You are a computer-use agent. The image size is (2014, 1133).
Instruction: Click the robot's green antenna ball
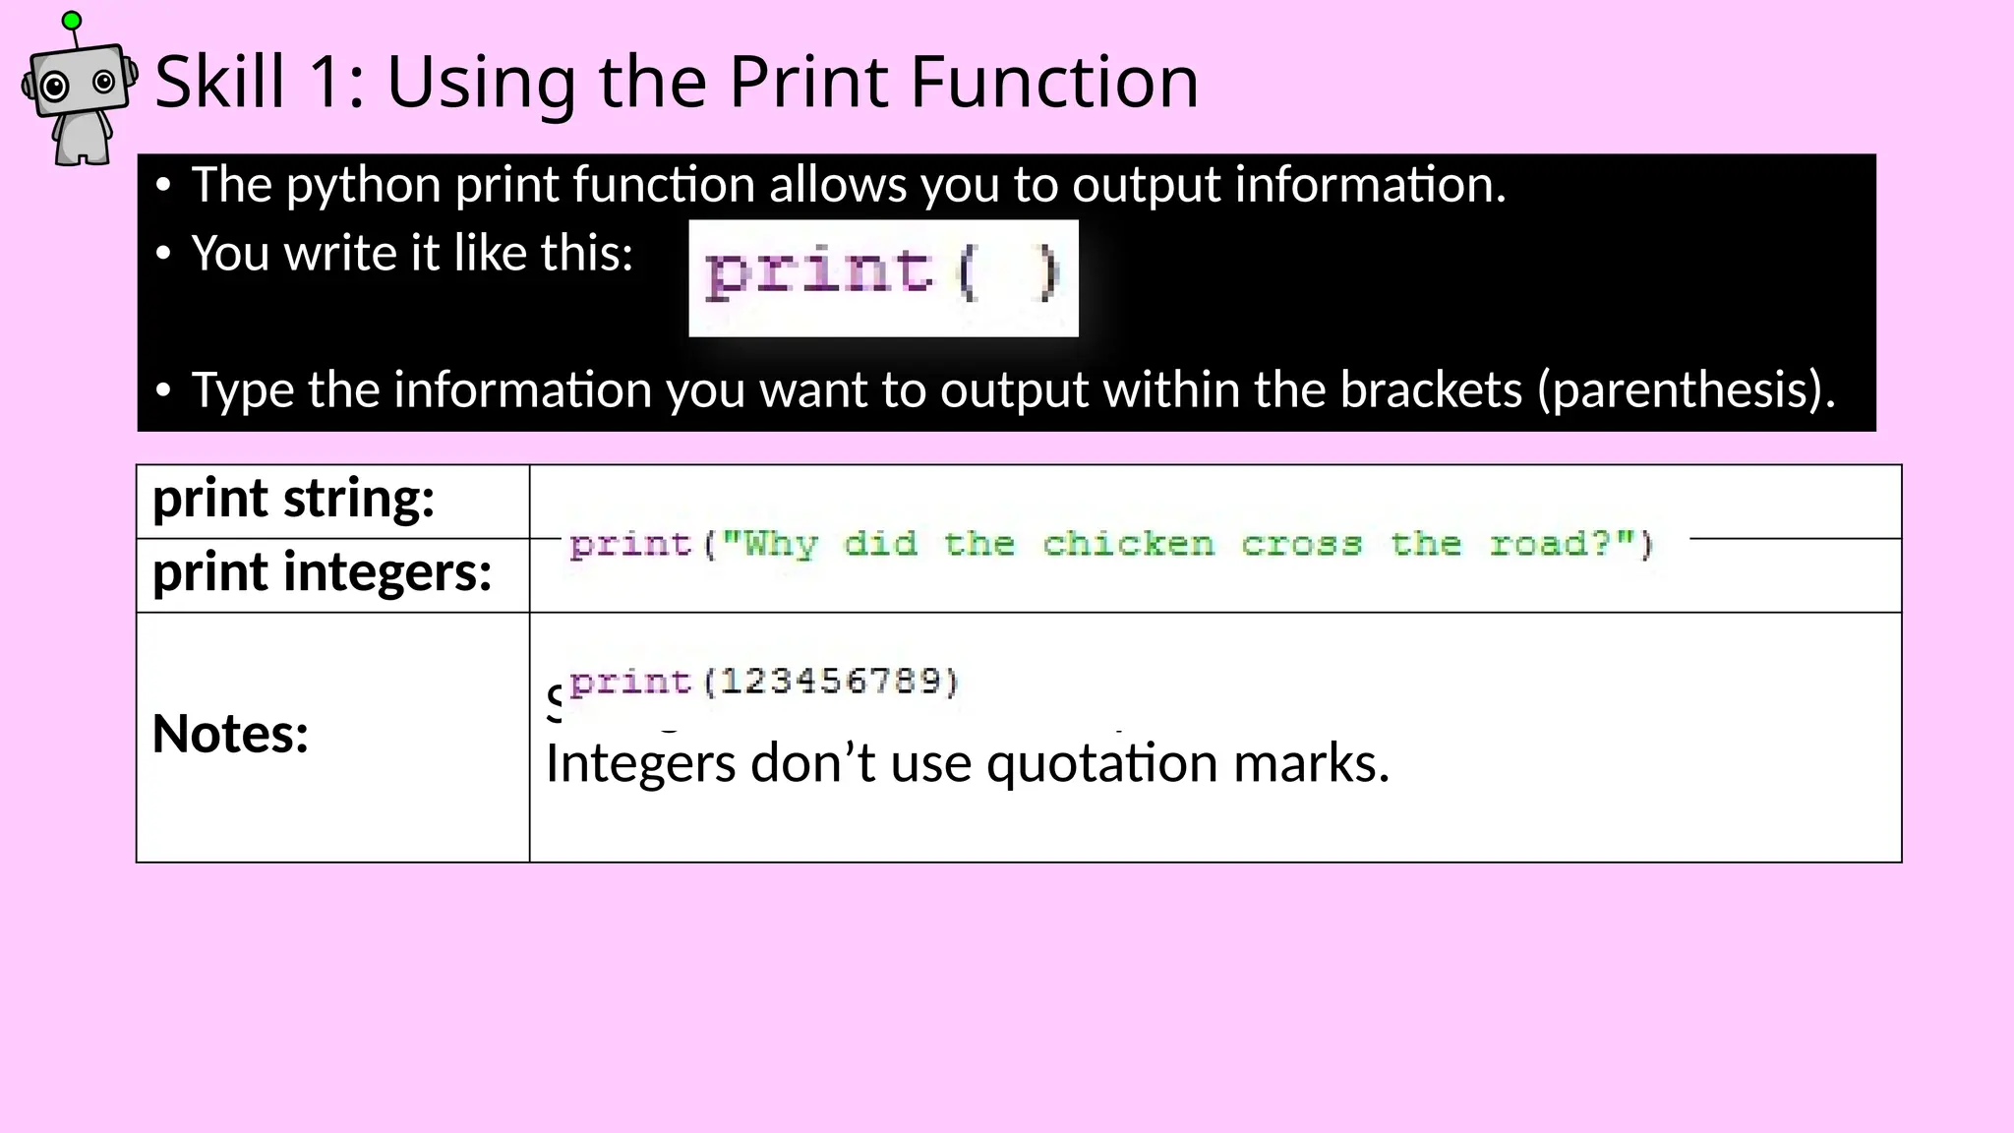pyautogui.click(x=72, y=20)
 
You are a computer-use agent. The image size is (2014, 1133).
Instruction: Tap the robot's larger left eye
pyautogui.click(x=55, y=87)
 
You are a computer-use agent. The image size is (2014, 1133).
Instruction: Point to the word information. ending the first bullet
pyautogui.click(x=1370, y=185)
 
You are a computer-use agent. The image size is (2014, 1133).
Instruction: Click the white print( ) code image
pyautogui.click(x=883, y=277)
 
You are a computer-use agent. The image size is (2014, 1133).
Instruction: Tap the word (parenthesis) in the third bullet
pyautogui.click(x=1686, y=390)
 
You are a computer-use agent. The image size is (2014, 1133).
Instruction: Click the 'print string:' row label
pyautogui.click(x=293, y=499)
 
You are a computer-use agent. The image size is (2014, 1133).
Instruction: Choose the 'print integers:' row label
pyautogui.click(x=322, y=572)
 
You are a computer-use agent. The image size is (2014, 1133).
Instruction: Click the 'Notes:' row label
pyautogui.click(x=230, y=735)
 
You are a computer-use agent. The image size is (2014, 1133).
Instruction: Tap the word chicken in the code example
pyautogui.click(x=1128, y=544)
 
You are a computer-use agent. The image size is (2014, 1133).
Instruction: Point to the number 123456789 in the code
pyautogui.click(x=832, y=681)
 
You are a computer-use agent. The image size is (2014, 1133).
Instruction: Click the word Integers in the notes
pyautogui.click(x=640, y=764)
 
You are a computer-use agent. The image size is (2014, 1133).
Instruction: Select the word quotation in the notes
pyautogui.click(x=1102, y=764)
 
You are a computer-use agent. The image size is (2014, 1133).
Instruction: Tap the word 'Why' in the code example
pyautogui.click(x=781, y=544)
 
